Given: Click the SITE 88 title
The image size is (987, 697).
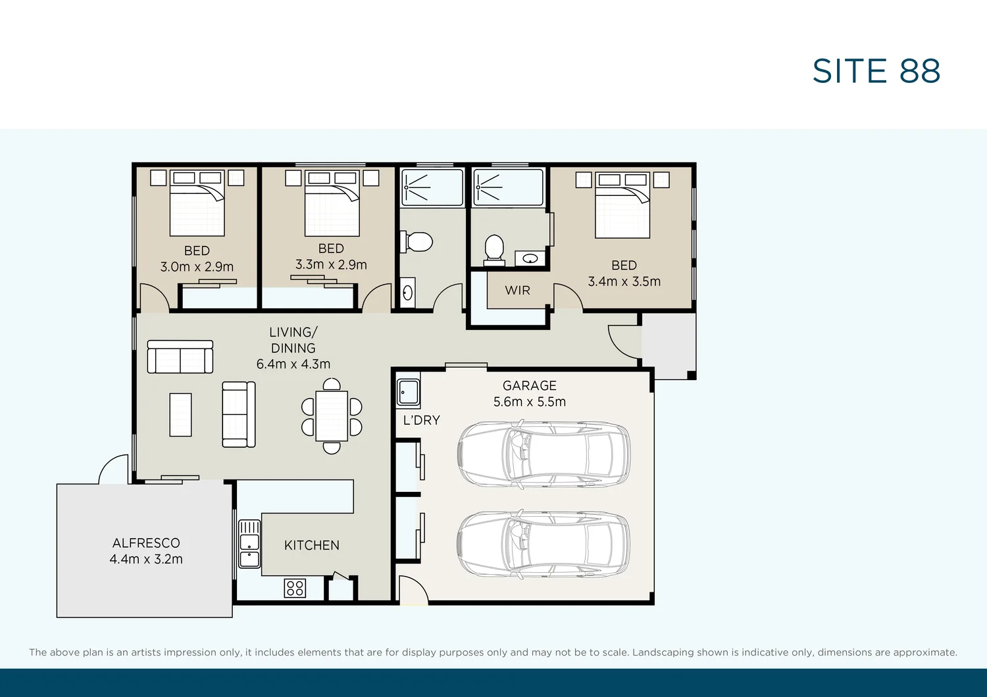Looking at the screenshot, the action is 876,71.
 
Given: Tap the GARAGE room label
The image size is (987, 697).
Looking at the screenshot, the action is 529,386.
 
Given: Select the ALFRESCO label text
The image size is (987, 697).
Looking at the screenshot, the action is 146,543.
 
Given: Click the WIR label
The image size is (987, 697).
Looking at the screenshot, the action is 517,291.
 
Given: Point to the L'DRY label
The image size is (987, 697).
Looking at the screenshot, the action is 422,420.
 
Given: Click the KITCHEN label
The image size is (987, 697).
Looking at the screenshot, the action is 312,546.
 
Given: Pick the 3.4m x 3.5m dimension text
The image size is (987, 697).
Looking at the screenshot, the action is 624,282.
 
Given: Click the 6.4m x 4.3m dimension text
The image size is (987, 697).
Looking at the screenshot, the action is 293,364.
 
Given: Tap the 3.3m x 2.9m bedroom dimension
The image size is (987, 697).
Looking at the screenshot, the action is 331,264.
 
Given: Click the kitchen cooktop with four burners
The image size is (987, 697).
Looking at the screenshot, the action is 295,589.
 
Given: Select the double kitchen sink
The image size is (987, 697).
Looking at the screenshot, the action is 249,544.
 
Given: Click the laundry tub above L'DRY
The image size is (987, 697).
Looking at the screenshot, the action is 408,392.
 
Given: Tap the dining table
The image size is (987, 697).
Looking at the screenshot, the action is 332,416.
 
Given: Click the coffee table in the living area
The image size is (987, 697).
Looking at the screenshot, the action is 181,415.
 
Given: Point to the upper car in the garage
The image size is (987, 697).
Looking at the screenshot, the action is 544,454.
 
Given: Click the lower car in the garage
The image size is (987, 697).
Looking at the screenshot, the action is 544,544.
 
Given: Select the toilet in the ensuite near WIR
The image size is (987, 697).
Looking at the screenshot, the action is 494,250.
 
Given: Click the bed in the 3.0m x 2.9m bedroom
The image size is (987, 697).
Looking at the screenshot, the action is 197,203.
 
